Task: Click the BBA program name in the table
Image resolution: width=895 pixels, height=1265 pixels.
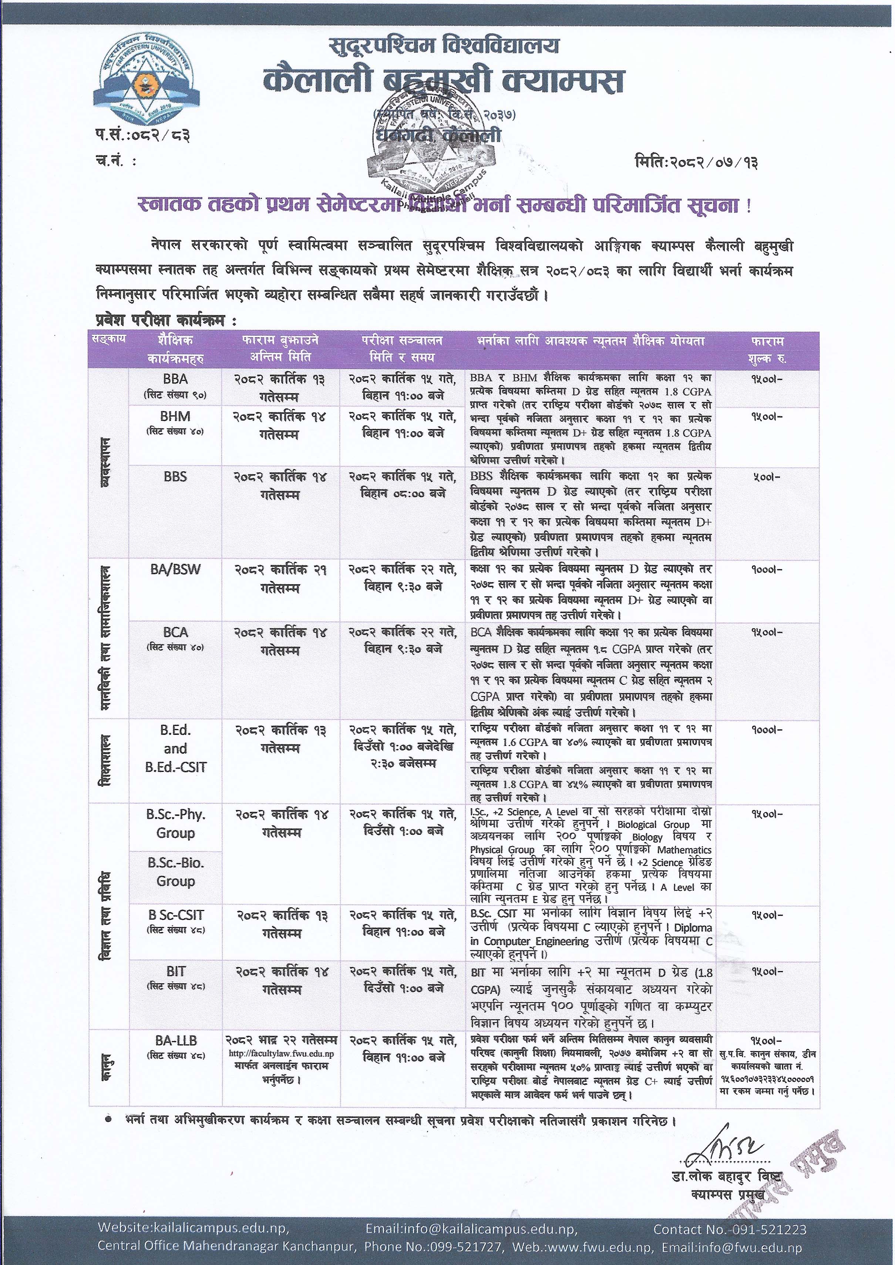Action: coord(175,379)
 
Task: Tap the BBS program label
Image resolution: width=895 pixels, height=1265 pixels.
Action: coord(175,477)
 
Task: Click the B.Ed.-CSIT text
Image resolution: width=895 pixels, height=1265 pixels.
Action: coord(175,767)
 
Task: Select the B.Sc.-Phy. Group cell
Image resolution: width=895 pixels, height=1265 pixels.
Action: coord(175,823)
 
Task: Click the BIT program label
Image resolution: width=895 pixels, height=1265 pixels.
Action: coord(175,971)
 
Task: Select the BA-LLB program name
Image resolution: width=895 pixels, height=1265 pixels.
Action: coord(175,1041)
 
